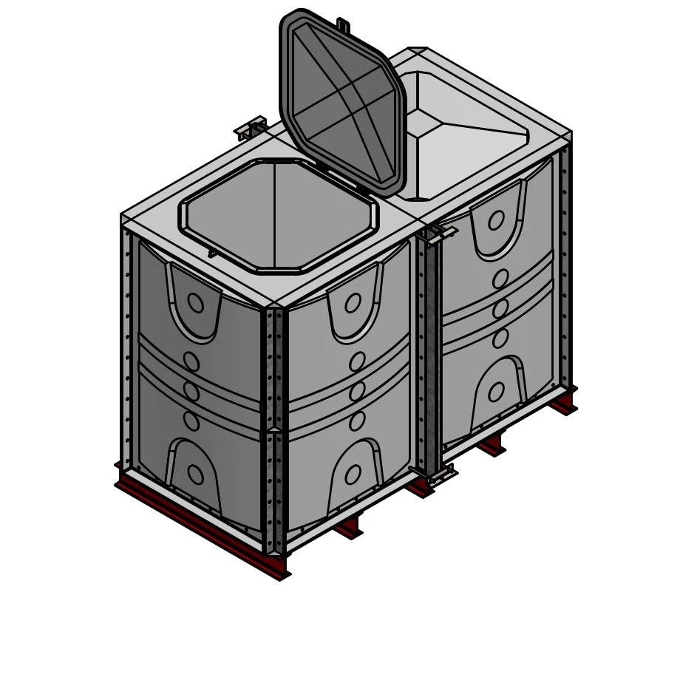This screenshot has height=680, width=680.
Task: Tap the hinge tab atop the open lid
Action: tap(343, 25)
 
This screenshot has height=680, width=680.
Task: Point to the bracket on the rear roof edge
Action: tap(251, 129)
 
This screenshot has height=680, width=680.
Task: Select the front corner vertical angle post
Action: tap(274, 429)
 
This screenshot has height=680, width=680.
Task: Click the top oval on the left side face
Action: tap(195, 302)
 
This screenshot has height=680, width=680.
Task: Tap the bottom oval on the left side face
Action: tap(195, 475)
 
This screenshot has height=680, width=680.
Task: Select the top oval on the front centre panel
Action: tap(353, 302)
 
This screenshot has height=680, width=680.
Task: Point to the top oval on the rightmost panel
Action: tap(496, 220)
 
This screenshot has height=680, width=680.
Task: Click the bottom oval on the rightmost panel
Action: tap(496, 392)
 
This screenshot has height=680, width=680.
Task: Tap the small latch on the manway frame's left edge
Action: tap(213, 254)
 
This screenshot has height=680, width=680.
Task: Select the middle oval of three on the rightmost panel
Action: tap(500, 308)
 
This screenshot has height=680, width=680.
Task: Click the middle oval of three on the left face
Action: tap(191, 391)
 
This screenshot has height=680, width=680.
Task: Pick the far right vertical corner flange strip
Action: tap(565, 266)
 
